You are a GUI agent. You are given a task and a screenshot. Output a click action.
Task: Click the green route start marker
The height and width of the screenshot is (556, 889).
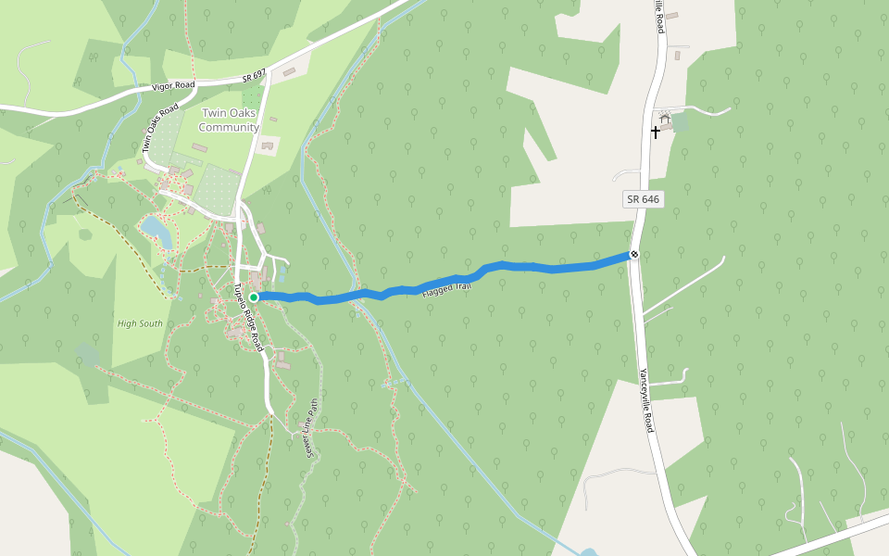pos(254,297)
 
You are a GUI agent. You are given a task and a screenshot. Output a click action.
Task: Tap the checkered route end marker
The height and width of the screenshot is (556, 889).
pos(634,254)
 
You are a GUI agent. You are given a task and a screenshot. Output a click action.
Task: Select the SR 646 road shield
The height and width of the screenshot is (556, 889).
pos(643,199)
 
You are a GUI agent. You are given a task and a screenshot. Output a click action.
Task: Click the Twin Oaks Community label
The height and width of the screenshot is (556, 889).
pos(229,120)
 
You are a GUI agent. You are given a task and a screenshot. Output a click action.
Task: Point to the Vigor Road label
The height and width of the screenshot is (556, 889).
pos(173,87)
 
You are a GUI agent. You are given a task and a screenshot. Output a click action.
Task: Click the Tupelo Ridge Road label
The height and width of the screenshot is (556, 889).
pos(248,318)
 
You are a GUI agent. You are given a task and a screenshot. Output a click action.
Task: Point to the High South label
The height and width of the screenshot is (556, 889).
pos(140,323)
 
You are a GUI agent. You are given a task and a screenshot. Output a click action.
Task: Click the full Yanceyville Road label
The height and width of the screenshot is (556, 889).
pos(646,398)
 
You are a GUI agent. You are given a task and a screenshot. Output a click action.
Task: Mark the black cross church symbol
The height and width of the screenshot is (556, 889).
pos(656,132)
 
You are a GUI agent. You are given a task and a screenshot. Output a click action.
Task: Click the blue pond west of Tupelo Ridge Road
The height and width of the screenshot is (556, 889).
pos(156,229)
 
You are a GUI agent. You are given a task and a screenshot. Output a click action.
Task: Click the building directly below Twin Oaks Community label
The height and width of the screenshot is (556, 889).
pos(268,145)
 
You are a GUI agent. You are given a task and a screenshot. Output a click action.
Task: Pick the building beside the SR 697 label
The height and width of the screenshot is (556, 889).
pos(289,71)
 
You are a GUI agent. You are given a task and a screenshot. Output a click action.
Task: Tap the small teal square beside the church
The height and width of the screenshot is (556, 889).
pos(680,121)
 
